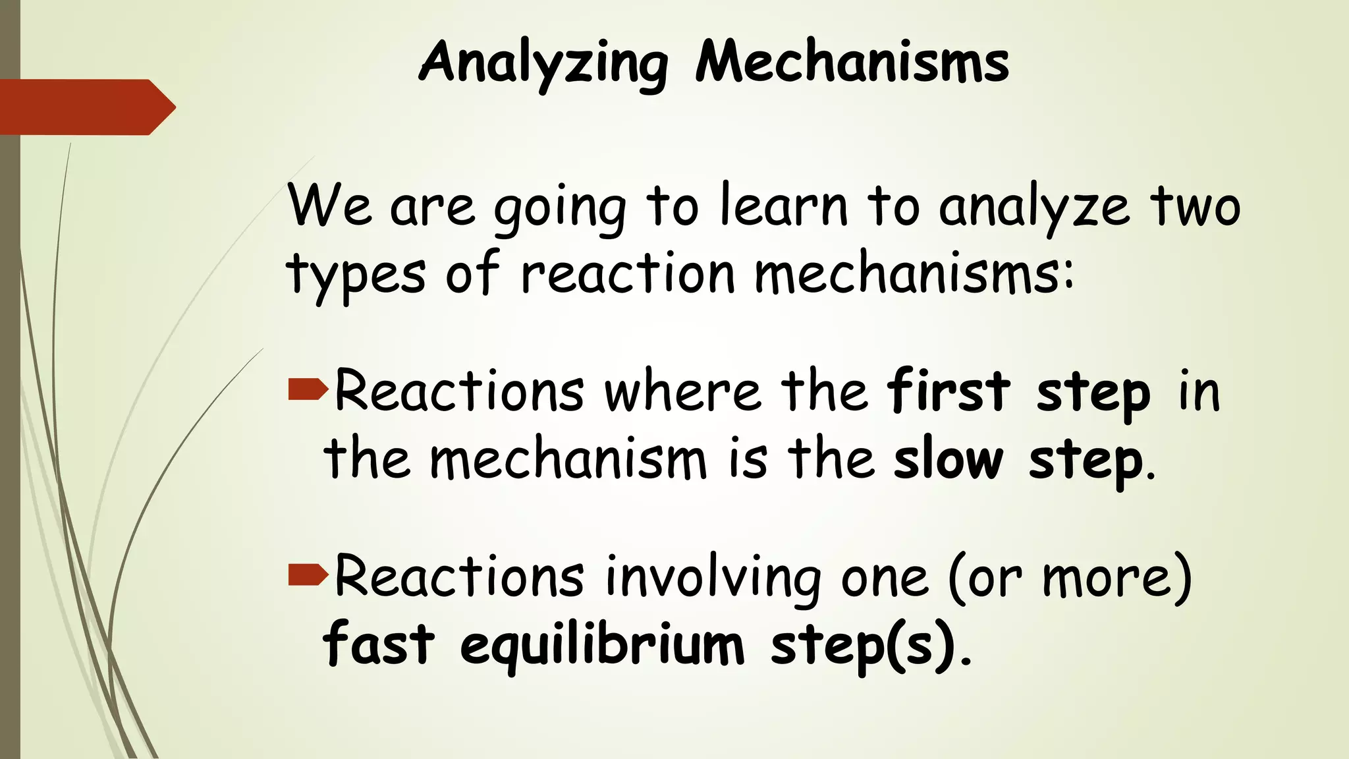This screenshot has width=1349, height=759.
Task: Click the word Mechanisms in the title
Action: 852,63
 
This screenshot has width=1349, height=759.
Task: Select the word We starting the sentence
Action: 329,206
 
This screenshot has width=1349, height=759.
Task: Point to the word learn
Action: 783,206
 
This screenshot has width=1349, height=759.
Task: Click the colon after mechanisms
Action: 1067,275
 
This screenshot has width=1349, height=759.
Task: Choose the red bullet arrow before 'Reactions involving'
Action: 308,575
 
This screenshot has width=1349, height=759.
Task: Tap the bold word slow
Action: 948,459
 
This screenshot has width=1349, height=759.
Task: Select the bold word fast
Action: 379,644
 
